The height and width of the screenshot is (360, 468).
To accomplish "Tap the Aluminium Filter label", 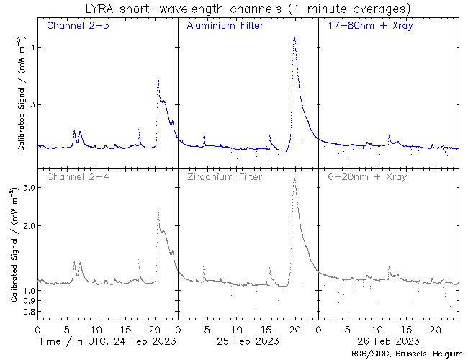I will tap(225, 27).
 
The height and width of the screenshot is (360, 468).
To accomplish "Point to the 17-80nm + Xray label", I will tap(366, 27).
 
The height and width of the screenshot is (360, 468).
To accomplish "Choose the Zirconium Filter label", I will tap(225, 176).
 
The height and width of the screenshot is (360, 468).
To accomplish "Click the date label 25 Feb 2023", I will tap(248, 340).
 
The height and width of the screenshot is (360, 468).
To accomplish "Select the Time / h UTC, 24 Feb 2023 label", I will tap(107, 340).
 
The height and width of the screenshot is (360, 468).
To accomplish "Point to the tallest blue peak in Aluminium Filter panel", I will tap(294, 37).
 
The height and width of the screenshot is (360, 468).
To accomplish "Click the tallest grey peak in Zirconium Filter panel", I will tap(294, 178).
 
